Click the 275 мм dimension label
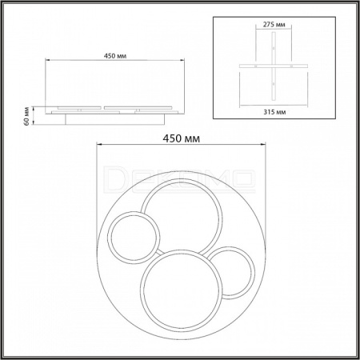point(274,25)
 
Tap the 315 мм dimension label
point(274,112)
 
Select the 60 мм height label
point(26,116)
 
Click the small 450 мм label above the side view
point(115,56)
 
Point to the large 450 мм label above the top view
point(182,138)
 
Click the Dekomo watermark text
point(179,179)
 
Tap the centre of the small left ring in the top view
point(134,238)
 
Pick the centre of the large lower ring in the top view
point(182,290)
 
